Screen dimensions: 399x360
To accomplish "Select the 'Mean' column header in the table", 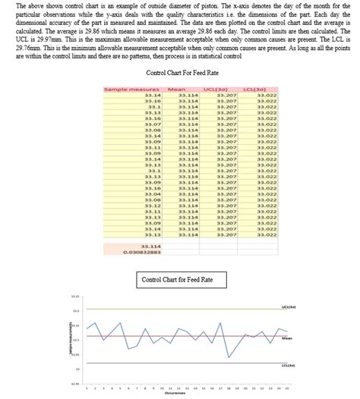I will click(x=176, y=89).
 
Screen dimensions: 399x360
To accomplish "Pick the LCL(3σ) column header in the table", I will click(x=266, y=89).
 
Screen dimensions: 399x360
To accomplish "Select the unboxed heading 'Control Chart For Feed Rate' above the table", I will click(x=179, y=73).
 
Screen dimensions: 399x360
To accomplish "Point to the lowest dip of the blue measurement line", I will click(x=229, y=357).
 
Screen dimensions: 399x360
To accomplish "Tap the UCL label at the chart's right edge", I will click(x=289, y=307).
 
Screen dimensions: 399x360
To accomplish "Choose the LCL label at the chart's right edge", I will click(x=289, y=365).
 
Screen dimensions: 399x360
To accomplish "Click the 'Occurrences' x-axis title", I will click(x=173, y=394).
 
